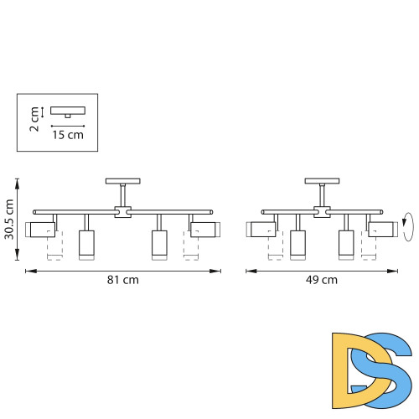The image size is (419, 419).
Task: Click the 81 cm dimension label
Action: click(123, 280)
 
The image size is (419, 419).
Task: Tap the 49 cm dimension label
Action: click(322, 280)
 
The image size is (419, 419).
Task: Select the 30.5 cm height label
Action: click(9, 220)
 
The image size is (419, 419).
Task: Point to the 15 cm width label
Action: click(68, 135)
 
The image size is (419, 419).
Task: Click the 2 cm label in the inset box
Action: click(34, 119)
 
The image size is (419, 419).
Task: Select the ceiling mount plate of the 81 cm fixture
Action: click(123, 181)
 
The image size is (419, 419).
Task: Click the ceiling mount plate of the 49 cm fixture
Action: click(322, 181)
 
